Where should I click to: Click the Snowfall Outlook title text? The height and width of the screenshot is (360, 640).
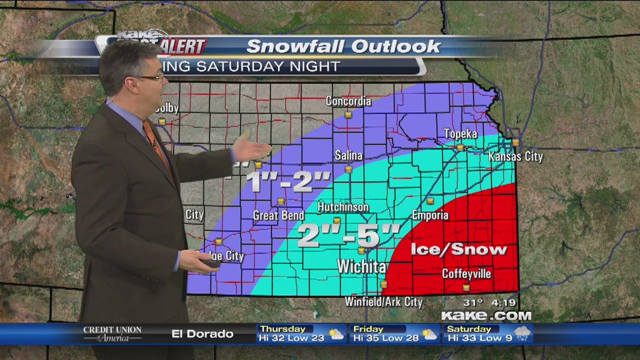pos(343,46)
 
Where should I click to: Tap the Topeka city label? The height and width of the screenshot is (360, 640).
pos(460,134)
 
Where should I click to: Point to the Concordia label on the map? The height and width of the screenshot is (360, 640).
pos(348,101)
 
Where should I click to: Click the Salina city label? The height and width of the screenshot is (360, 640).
pos(348,156)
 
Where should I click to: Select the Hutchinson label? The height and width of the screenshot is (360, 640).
pos(343,207)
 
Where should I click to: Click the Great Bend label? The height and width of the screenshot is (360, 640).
pos(278,215)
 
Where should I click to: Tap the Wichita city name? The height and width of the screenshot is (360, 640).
pos(361,266)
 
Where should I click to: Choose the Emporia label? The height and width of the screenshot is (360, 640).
pos(430,215)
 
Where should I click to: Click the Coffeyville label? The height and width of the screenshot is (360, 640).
pos(466,274)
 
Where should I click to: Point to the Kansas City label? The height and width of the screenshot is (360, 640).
pos(515,157)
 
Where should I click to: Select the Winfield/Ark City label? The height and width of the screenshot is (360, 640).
pos(384,302)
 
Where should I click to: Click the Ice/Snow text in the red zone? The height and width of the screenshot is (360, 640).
pos(458,249)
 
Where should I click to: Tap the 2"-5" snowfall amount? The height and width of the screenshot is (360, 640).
pos(348,235)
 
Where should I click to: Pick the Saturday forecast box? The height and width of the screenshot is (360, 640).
pos(487,333)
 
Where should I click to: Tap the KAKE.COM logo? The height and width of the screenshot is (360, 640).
pos(485,315)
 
